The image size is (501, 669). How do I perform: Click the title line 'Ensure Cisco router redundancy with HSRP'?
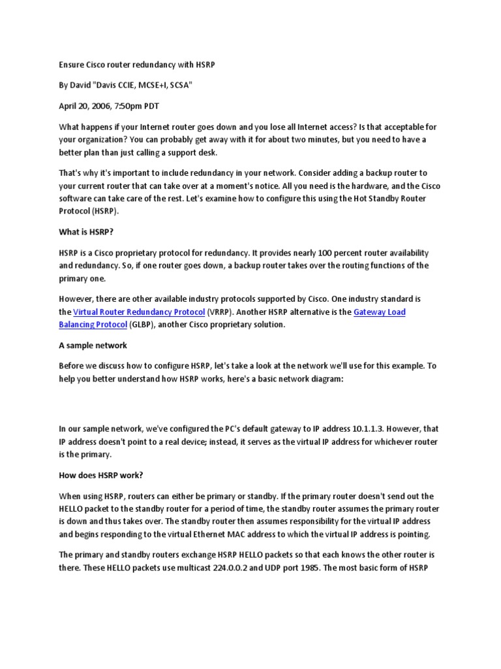click(137, 65)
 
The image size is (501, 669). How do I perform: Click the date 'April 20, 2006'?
click(84, 105)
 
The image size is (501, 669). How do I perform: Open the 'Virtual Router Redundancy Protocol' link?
click(139, 312)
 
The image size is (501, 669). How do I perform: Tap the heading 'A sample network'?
click(93, 345)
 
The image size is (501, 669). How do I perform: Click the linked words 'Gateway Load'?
click(379, 312)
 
